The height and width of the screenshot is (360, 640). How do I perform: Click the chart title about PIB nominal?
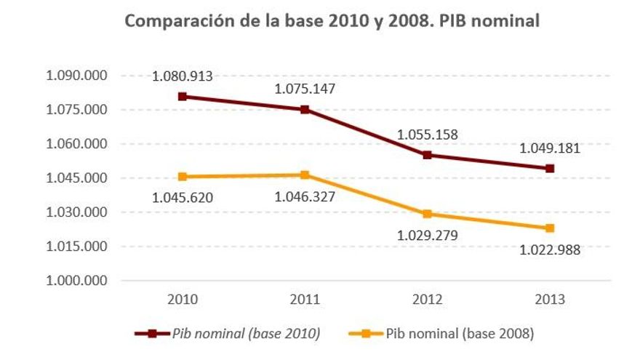coord(332,21)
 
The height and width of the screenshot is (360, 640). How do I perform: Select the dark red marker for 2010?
coord(182,96)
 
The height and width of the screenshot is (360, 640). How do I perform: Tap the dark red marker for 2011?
coord(305,110)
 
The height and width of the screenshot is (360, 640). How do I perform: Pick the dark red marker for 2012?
coord(428,155)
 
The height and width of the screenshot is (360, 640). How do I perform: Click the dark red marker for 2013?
coord(551,169)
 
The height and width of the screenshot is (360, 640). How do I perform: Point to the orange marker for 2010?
coord(182,177)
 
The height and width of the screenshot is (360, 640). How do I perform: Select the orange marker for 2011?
coord(305,175)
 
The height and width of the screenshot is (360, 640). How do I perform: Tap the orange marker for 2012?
coord(428,214)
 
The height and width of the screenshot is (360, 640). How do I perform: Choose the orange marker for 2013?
coord(551,228)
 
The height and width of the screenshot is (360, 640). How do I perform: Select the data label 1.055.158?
coord(428,135)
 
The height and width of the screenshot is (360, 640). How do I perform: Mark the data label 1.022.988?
coord(551,250)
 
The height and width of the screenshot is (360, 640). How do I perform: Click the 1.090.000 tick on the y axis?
coord(76,76)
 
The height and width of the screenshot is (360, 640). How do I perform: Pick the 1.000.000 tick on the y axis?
coord(76,281)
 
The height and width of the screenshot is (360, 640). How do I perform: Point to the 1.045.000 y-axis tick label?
coord(76,178)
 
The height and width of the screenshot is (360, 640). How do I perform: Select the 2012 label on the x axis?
coord(428,300)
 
